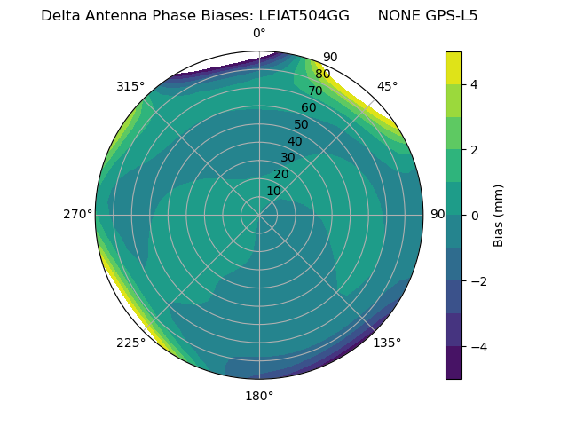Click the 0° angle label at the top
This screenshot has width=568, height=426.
[259, 34]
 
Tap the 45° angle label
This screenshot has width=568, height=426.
[387, 86]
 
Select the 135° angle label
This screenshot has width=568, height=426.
[387, 343]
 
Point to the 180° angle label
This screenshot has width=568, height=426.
[259, 396]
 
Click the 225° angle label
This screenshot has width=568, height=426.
[130, 343]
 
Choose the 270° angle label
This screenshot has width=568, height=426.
[78, 214]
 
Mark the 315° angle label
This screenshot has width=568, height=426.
[130, 86]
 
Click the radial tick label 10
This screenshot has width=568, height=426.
[273, 191]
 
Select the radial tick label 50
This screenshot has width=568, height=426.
[301, 125]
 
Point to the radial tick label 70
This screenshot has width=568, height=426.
[315, 91]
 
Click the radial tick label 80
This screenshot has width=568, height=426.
[322, 75]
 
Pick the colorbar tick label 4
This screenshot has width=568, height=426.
[473, 84]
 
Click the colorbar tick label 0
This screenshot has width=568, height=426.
[473, 215]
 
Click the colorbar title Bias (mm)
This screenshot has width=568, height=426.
[499, 215]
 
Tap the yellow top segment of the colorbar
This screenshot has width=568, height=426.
[454, 67]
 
